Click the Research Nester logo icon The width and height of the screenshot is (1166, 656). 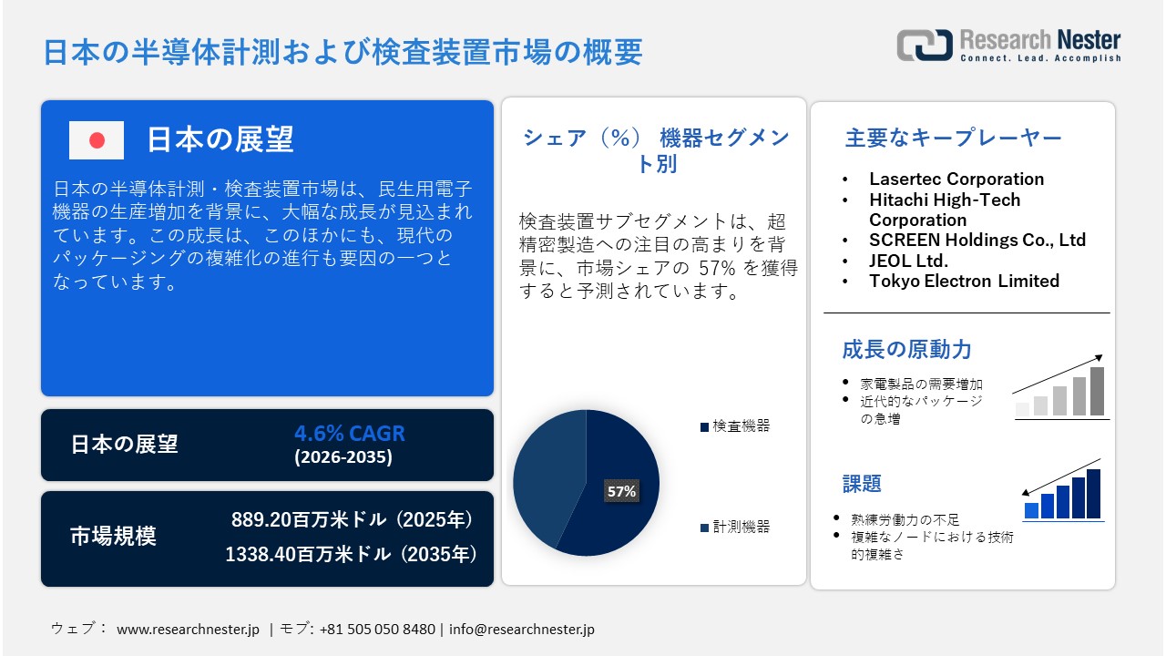924,45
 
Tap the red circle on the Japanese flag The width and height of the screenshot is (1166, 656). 97,140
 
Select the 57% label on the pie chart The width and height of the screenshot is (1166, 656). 621,491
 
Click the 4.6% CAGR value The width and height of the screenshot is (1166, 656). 349,434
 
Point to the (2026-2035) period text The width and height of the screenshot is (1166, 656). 343,457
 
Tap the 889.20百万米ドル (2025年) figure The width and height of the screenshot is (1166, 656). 353,520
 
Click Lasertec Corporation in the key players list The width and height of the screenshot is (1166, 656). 956,179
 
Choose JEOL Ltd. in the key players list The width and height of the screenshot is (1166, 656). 908,261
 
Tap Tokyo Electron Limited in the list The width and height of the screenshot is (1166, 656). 964,281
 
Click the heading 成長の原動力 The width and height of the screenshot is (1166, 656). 906,349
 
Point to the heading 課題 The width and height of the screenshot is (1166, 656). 862,483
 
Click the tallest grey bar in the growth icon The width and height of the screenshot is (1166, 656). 1097,391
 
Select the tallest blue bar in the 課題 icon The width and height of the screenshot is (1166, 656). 1093,494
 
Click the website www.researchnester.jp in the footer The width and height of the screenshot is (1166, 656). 188,630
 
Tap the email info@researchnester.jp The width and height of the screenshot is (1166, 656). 522,630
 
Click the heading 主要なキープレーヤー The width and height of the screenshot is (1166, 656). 953,138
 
